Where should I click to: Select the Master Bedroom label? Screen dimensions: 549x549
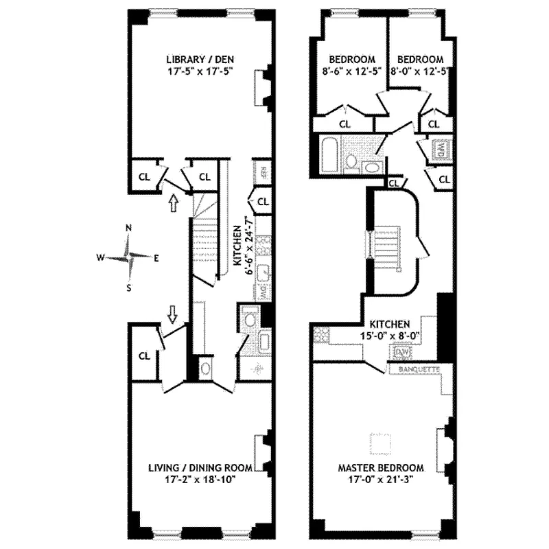click(380, 468)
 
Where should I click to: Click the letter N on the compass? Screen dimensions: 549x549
click(128, 229)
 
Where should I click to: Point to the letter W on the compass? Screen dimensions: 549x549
click(100, 258)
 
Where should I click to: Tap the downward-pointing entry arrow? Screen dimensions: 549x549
click(173, 314)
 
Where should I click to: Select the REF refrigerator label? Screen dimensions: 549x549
click(262, 170)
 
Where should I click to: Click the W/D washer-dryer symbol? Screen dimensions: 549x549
click(440, 149)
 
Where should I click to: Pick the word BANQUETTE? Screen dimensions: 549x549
click(414, 371)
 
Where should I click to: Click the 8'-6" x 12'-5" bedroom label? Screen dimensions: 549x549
click(351, 65)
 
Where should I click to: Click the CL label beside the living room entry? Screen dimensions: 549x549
click(145, 355)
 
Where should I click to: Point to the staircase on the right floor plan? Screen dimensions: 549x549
click(386, 252)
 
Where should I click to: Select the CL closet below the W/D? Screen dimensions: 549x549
click(443, 179)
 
